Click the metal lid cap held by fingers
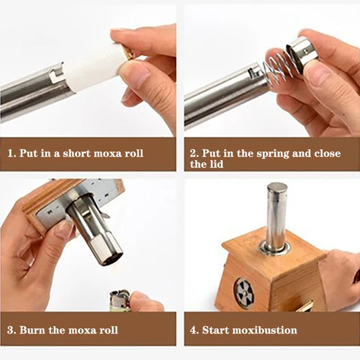tap(301, 52)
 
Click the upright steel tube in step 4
tap(276, 216)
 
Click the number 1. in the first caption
tap(13, 153)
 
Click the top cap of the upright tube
tap(276, 188)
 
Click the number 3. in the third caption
tap(13, 330)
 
